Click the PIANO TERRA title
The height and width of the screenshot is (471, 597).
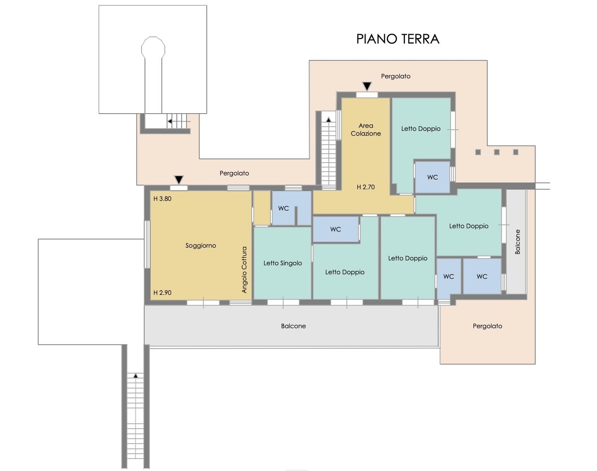(x=398, y=39)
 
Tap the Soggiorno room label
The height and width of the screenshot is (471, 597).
(x=201, y=245)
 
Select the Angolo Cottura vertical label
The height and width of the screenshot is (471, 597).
(x=244, y=269)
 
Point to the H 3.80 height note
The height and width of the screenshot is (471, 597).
(x=162, y=199)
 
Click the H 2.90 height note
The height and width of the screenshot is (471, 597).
(x=162, y=293)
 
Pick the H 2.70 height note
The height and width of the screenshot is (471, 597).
(x=366, y=187)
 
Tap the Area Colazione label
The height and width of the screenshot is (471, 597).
(x=366, y=130)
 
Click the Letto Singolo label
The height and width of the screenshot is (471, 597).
(x=283, y=263)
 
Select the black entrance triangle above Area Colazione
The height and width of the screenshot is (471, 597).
(x=367, y=86)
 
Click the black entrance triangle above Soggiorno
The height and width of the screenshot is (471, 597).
(x=179, y=180)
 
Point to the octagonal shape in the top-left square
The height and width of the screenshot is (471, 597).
(x=153, y=48)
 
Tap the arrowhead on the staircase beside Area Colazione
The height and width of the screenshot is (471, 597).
(x=329, y=120)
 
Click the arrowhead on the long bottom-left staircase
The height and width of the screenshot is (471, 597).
(x=136, y=376)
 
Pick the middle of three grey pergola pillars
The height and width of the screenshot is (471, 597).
(x=497, y=152)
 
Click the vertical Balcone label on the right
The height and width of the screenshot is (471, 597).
(x=517, y=242)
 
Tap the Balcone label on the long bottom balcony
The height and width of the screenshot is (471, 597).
(x=293, y=326)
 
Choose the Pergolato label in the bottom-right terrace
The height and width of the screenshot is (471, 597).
(x=488, y=326)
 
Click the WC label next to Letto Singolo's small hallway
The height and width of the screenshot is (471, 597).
(x=284, y=209)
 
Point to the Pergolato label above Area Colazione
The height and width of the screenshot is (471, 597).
(x=396, y=76)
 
